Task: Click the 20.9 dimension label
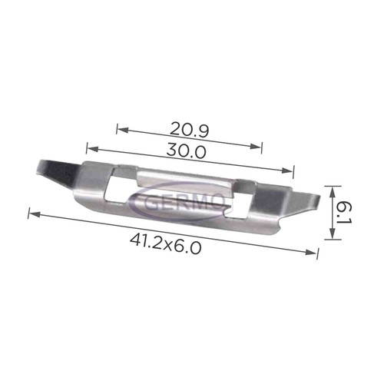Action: [x=189, y=129]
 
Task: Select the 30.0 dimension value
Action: [x=186, y=151]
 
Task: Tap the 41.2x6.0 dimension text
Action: [x=166, y=244]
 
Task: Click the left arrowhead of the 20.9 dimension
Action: [x=122, y=130]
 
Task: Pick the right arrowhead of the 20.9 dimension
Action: [x=255, y=146]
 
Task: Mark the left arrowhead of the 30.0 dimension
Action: [x=93, y=149]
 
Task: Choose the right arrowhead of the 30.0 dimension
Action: [x=286, y=170]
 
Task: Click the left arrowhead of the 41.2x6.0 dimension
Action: [x=35, y=214]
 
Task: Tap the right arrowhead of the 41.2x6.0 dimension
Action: [x=310, y=252]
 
